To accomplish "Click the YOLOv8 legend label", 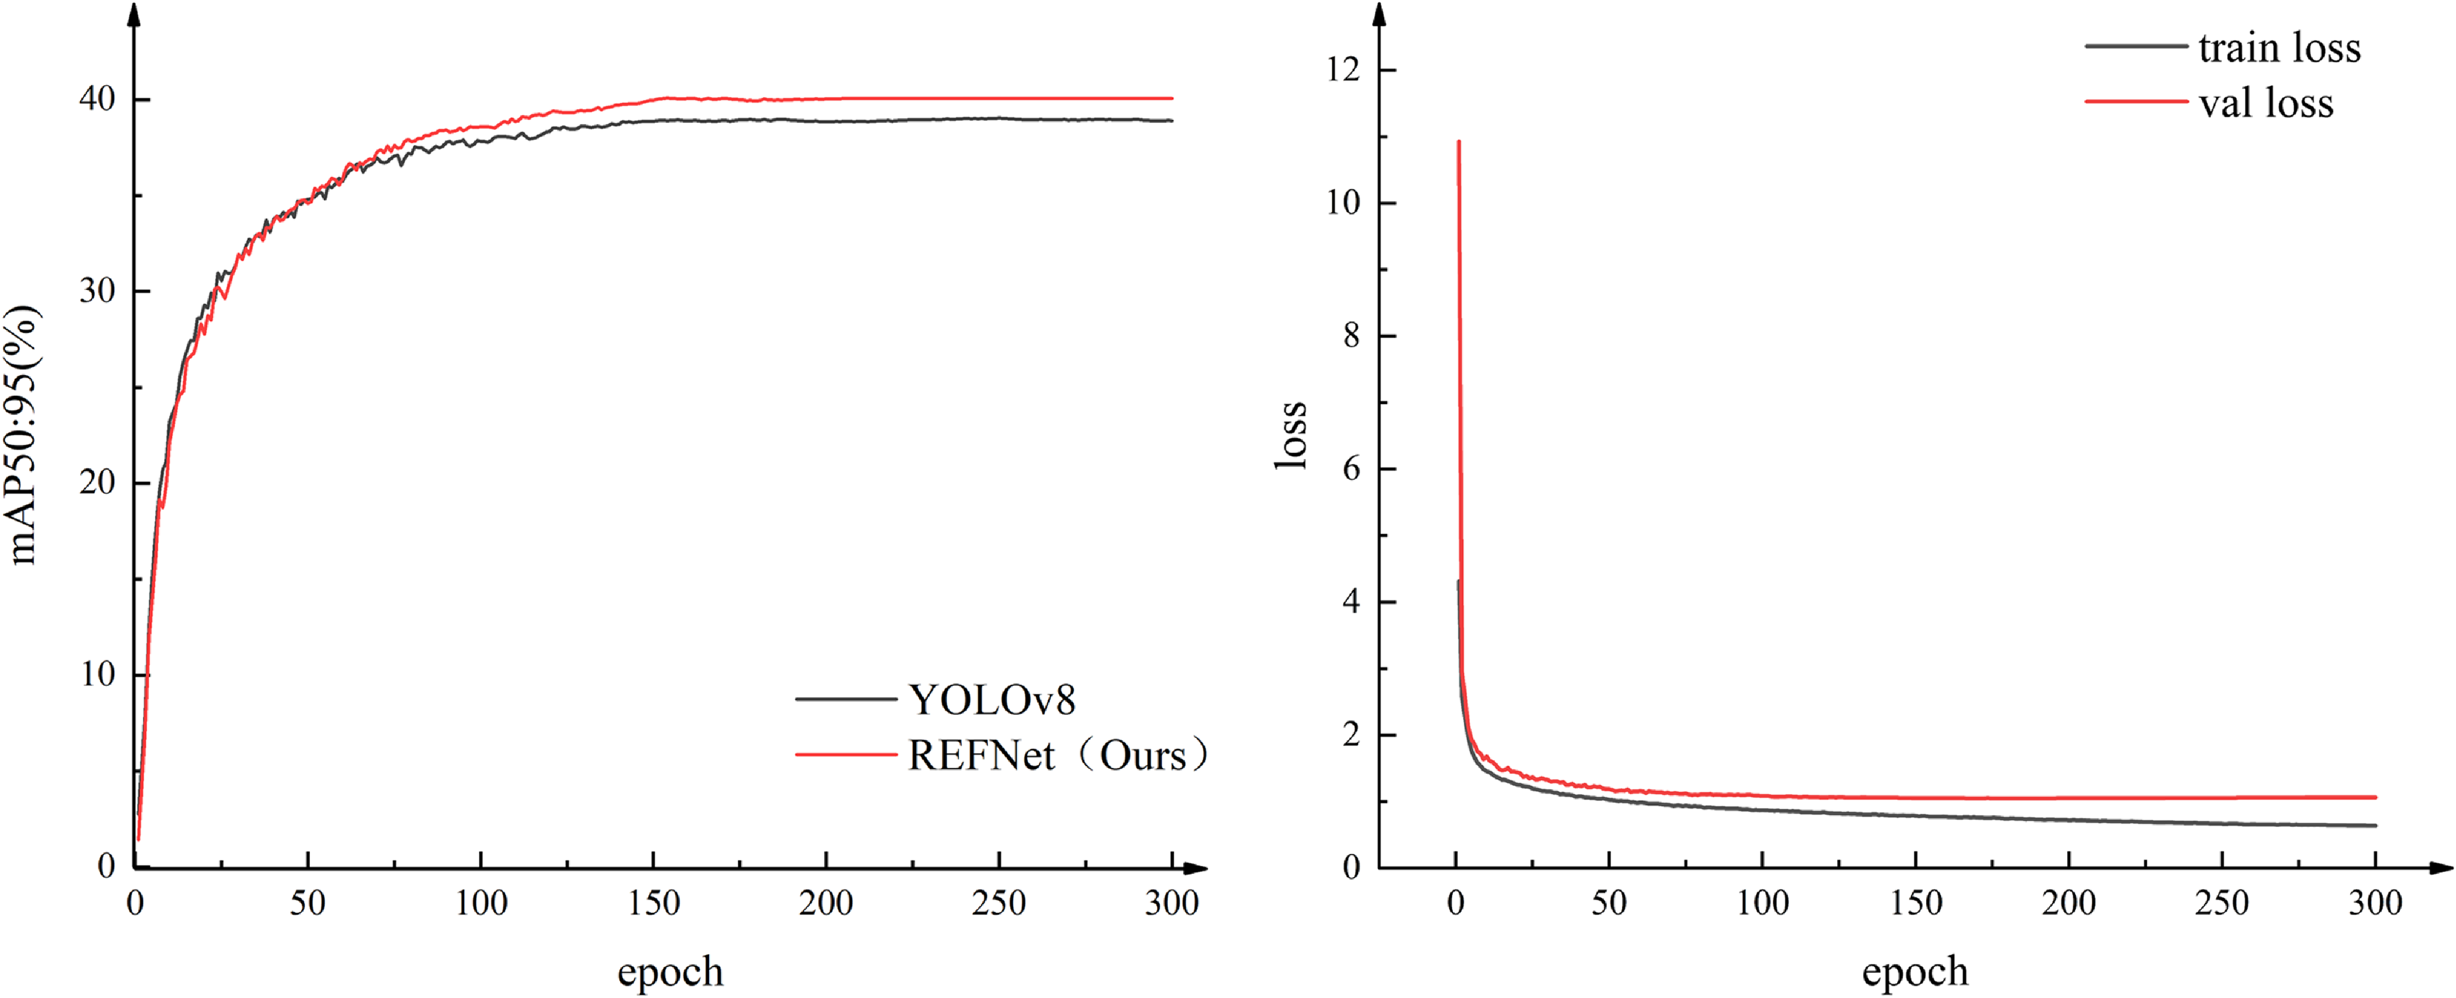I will [992, 701].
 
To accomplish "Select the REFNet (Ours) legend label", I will [1056, 756].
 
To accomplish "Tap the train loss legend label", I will [2279, 48].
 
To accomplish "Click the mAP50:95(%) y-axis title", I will [23, 435].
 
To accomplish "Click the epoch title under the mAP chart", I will [670, 972].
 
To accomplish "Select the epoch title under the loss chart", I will [1915, 972].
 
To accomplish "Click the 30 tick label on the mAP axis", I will [97, 291].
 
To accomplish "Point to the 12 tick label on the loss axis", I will [1344, 69].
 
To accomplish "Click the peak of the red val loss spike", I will [1459, 142].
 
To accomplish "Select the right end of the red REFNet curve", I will [1172, 98].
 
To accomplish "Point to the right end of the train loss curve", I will [2375, 825].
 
